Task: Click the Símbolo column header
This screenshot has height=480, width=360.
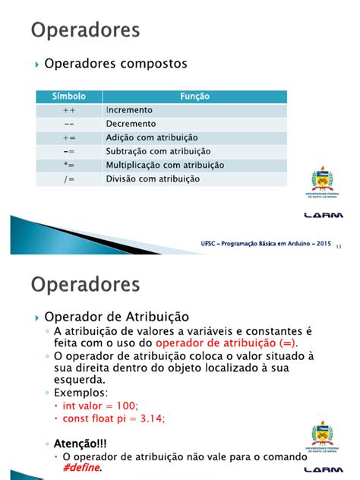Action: pyautogui.click(x=68, y=96)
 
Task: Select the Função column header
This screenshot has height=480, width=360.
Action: pyautogui.click(x=194, y=96)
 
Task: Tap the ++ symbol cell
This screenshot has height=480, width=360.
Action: pyautogui.click(x=68, y=110)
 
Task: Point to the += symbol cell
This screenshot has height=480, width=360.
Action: pyautogui.click(x=68, y=137)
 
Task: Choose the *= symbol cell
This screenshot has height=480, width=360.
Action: pyautogui.click(x=68, y=165)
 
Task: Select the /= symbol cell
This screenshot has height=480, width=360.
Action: pyautogui.click(x=68, y=178)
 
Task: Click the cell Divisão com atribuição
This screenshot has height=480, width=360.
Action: pyautogui.click(x=153, y=178)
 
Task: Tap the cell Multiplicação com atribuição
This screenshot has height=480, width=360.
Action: pyautogui.click(x=165, y=165)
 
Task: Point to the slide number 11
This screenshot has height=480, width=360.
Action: pyautogui.click(x=338, y=246)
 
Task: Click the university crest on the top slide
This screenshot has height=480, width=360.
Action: pyautogui.click(x=322, y=183)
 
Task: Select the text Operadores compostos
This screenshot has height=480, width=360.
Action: pyautogui.click(x=115, y=64)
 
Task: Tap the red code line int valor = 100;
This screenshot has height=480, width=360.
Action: pyautogui.click(x=106, y=406)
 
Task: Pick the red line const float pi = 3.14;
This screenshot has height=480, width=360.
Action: pyautogui.click(x=114, y=418)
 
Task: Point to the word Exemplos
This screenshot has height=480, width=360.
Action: pyautogui.click(x=79, y=393)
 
